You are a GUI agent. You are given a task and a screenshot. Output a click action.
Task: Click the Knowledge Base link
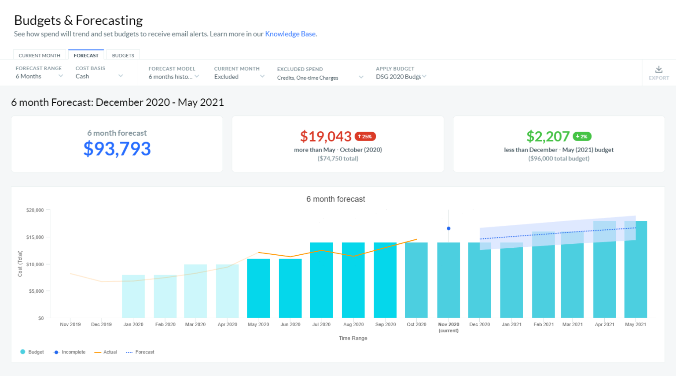(x=290, y=34)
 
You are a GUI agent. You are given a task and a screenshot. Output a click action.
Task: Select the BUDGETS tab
(x=123, y=56)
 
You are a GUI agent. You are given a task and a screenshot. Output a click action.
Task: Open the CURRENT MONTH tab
(x=40, y=56)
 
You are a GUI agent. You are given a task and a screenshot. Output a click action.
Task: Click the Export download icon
(x=658, y=70)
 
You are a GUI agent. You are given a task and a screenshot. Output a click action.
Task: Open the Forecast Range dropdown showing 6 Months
(x=39, y=76)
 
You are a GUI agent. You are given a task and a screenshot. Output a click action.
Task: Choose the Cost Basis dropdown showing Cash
(x=99, y=76)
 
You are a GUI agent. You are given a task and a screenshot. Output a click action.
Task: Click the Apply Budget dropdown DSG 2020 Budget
(x=400, y=77)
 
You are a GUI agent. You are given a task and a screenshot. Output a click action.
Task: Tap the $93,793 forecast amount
(x=117, y=149)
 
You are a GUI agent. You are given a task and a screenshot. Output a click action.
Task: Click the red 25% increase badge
(x=365, y=137)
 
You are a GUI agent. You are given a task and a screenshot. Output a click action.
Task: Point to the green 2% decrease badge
(x=582, y=137)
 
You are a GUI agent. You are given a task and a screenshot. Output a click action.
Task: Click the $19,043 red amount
(x=326, y=137)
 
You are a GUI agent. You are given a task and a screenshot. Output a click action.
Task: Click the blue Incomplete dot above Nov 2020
(x=448, y=228)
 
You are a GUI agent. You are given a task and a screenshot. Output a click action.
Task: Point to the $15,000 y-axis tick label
(x=35, y=238)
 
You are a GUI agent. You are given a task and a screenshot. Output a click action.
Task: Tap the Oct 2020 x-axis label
(x=416, y=324)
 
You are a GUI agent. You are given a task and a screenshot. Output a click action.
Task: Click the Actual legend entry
(x=106, y=352)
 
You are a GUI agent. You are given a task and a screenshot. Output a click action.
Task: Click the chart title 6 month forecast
(x=335, y=199)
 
